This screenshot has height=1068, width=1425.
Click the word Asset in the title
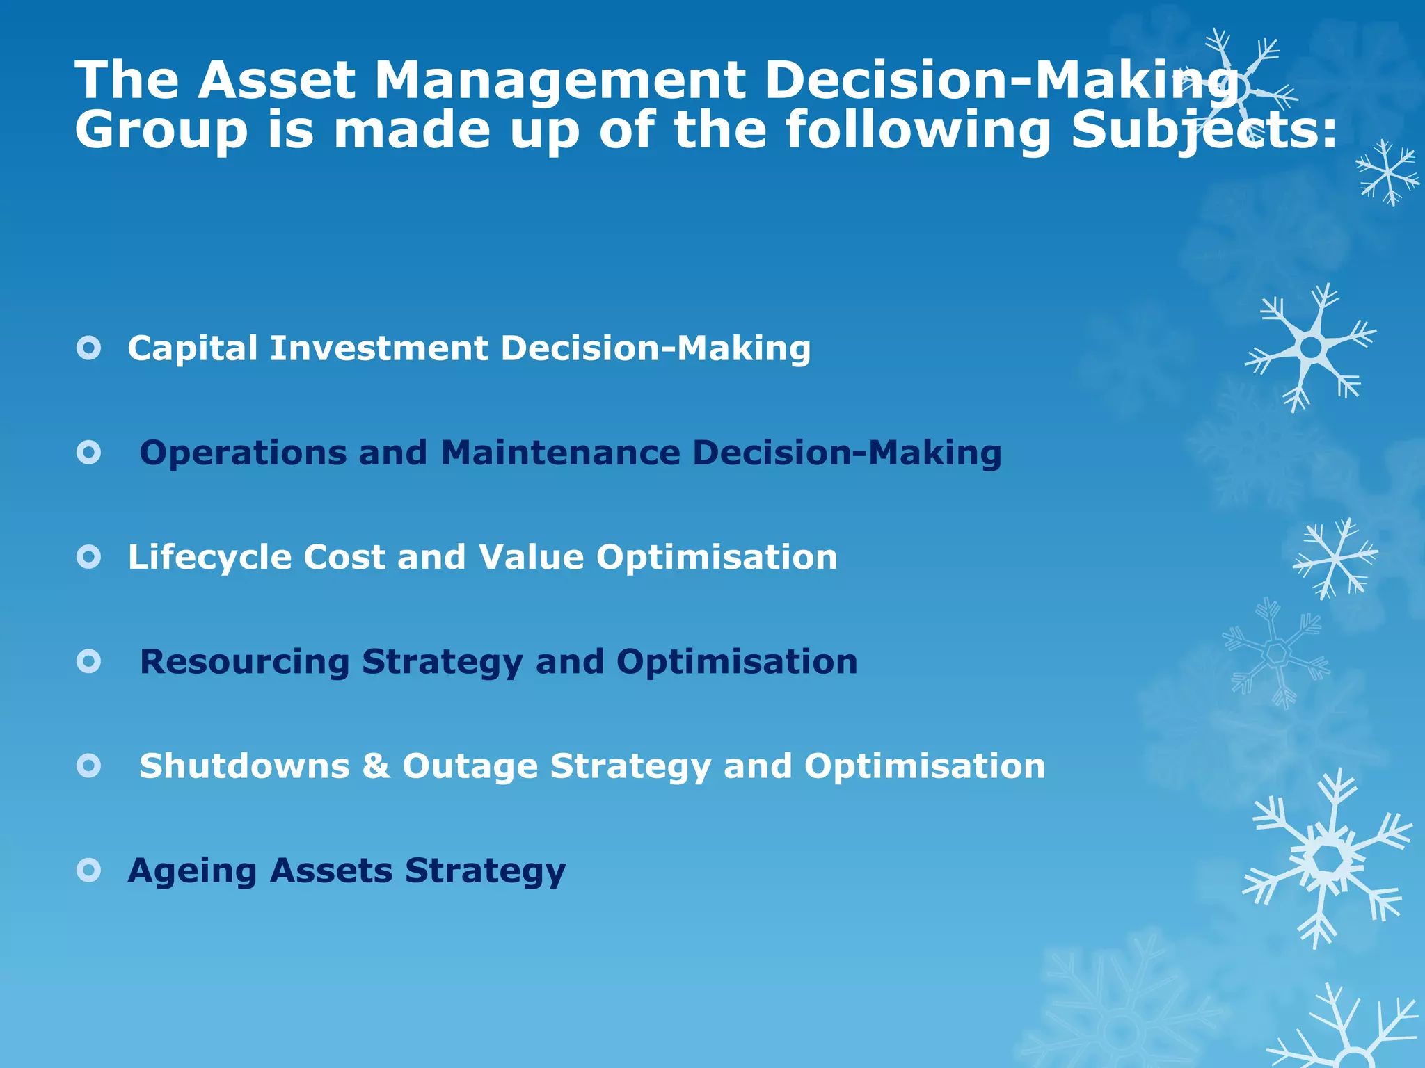(276, 80)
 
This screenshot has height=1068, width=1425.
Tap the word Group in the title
(161, 130)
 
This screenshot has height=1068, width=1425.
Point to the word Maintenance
(560, 453)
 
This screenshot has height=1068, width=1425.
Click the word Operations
(242, 453)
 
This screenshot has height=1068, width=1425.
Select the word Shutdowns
(244, 766)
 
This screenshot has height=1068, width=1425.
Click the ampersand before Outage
(376, 766)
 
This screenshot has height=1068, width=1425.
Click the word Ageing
(192, 872)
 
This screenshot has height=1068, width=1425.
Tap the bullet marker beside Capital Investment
(89, 348)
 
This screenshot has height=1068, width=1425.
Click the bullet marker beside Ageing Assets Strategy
(89, 870)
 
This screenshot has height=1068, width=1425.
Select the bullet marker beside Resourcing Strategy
(89, 661)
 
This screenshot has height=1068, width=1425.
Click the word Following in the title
(918, 130)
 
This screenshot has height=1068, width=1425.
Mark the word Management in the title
(560, 81)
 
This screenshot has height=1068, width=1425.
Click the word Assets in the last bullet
(331, 871)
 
